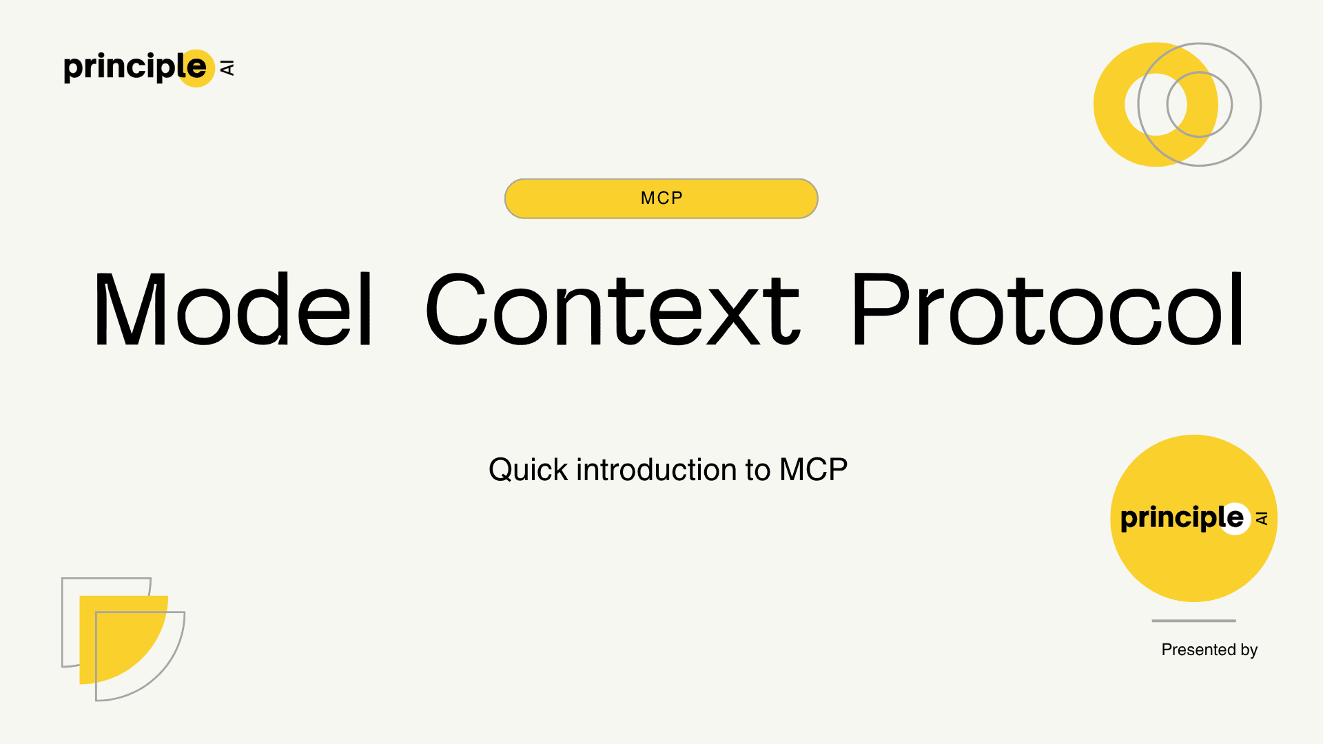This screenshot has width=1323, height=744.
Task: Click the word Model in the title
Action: tap(233, 309)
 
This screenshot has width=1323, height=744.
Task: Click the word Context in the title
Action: tap(612, 309)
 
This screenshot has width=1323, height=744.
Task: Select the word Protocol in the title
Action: tap(1047, 309)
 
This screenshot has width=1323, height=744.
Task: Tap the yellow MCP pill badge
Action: tap(661, 198)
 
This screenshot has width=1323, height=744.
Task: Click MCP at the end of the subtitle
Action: tap(813, 470)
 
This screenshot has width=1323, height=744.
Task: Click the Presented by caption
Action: tap(1209, 650)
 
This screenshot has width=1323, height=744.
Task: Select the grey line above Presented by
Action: tap(1193, 621)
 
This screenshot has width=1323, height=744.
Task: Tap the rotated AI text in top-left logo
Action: tap(227, 68)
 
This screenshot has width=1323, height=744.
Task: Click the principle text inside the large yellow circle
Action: tap(1171, 518)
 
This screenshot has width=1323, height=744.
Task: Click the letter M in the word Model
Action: tap(130, 309)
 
